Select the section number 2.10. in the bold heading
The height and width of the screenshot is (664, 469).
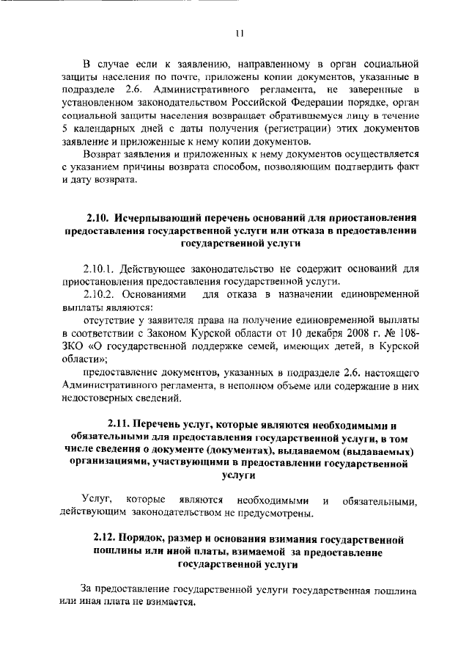(97, 219)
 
